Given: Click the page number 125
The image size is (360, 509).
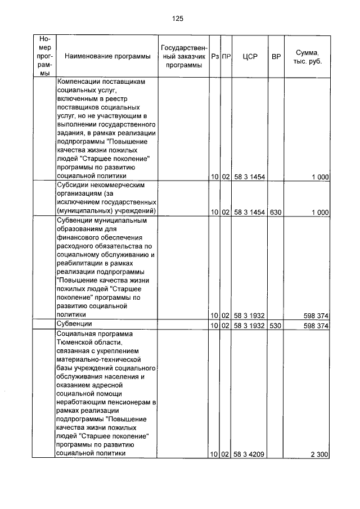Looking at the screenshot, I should (178, 19).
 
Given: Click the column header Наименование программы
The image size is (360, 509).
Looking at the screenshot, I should (103, 56).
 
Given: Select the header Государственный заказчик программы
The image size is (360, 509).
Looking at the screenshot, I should (184, 56).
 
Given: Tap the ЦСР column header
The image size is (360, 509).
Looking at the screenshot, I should (250, 56).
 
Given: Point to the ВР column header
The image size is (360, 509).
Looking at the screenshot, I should (276, 56).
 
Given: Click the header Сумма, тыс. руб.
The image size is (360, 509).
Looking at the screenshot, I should (307, 56).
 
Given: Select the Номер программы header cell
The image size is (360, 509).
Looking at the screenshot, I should (45, 56).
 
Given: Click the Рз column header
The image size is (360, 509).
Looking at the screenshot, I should (214, 56).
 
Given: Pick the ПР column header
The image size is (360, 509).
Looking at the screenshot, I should (226, 56).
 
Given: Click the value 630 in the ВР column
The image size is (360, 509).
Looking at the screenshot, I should (275, 211).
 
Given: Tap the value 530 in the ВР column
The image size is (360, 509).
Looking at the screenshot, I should (275, 326).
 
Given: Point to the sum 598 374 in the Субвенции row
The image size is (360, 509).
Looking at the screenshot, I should (316, 326).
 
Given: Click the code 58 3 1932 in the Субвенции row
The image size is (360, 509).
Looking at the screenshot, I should (250, 326).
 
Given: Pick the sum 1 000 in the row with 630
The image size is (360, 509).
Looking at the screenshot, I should (319, 211).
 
